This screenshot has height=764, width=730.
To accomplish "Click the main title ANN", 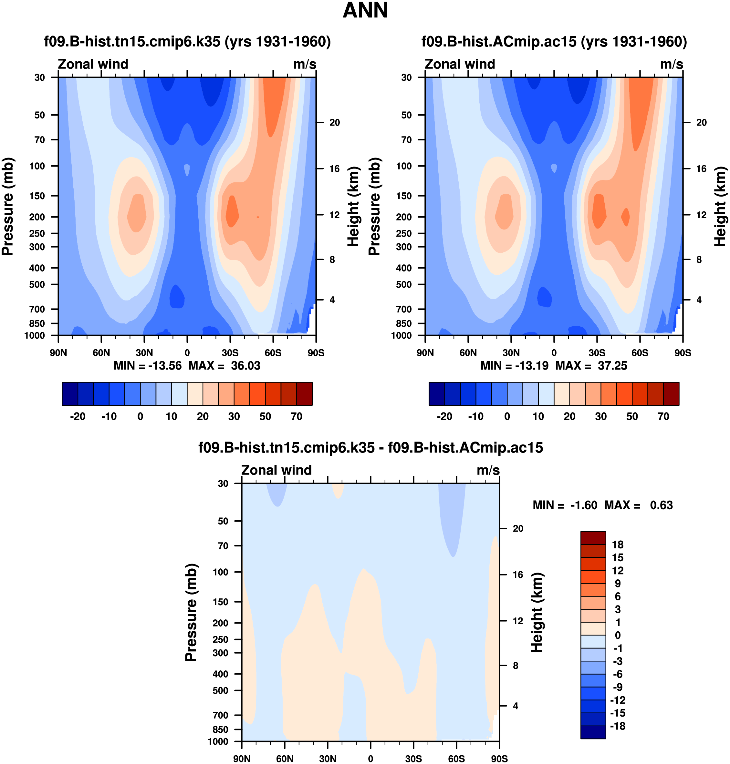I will point(365,11).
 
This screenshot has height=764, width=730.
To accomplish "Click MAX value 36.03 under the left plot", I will point(245,366).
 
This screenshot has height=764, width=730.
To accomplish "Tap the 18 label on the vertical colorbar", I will point(618,545).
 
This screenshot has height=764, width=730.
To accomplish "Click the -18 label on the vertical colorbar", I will point(618,726).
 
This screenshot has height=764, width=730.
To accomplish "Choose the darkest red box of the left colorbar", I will point(304,394).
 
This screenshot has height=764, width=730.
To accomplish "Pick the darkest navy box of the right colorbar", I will point(437,394).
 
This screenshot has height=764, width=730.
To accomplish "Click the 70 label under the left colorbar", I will point(297,417).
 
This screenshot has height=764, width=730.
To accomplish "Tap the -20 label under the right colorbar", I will point(444,417).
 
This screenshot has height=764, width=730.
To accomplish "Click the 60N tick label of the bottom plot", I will point(285,759).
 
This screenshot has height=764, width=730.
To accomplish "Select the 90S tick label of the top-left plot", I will point(316,353).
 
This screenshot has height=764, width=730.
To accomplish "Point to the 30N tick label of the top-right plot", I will point(511,353).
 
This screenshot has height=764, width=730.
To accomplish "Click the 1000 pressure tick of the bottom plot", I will point(218,741).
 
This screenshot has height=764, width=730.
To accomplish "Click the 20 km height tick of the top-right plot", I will point(701,122).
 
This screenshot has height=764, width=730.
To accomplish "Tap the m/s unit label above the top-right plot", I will point(671,64).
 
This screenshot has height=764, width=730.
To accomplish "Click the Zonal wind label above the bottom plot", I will point(276,470).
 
